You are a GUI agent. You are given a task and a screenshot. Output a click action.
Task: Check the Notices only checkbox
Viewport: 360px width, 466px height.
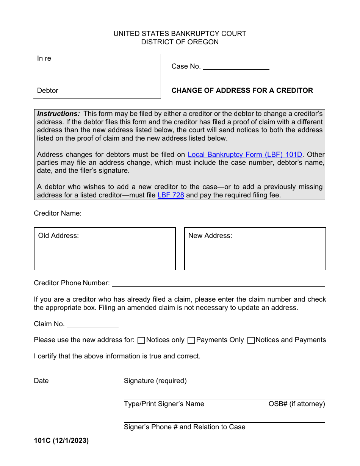pyautogui.click(x=141, y=340)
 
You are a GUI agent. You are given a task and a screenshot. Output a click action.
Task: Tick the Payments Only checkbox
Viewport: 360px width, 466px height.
pyautogui.click(x=191, y=340)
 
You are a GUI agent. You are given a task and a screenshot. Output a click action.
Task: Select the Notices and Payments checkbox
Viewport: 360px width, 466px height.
pyautogui.click(x=251, y=340)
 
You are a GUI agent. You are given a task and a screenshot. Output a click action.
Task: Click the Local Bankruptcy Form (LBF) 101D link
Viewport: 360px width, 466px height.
pyautogui.click(x=245, y=155)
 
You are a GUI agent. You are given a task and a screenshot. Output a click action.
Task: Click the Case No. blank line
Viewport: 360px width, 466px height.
pyautogui.click(x=236, y=67)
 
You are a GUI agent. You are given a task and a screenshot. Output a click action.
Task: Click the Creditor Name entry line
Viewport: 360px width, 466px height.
pyautogui.click(x=204, y=214)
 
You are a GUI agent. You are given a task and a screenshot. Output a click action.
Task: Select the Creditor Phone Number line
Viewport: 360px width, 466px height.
pyautogui.click(x=218, y=284)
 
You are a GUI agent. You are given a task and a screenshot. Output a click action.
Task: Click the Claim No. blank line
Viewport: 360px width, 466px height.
pyautogui.click(x=92, y=324)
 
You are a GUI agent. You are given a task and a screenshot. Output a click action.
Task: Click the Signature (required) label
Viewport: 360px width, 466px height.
pyautogui.click(x=155, y=381)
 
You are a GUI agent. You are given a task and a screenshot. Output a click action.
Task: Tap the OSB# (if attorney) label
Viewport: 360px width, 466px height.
pyautogui.click(x=297, y=404)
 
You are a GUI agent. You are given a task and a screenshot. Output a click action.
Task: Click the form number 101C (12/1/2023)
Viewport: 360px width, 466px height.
pyautogui.click(x=61, y=441)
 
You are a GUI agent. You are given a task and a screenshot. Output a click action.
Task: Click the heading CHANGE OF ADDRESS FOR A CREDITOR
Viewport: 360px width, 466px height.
pyautogui.click(x=242, y=91)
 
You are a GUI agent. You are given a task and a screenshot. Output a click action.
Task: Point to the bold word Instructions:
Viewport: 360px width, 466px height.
pyautogui.click(x=58, y=114)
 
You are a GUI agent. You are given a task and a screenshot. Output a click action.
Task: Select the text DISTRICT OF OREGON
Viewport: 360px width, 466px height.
pyautogui.click(x=180, y=42)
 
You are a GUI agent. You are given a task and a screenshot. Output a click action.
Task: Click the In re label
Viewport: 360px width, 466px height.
pyautogui.click(x=44, y=58)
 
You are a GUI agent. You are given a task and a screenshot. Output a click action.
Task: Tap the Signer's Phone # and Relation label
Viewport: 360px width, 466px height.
pyautogui.click(x=184, y=427)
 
